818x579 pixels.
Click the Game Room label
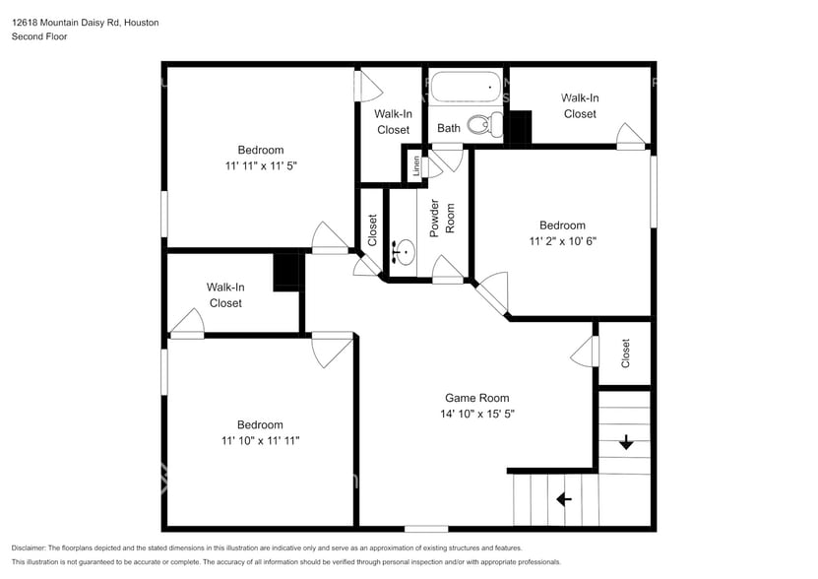pyautogui.click(x=481, y=398)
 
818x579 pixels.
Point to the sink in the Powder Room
pyautogui.click(x=402, y=253)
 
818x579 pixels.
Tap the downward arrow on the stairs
pyautogui.click(x=625, y=443)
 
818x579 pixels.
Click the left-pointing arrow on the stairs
pyautogui.click(x=564, y=499)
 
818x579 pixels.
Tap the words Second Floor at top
pyautogui.click(x=38, y=36)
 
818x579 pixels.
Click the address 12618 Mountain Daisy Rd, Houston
pyautogui.click(x=85, y=22)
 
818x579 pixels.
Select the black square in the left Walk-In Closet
pyautogui.click(x=286, y=272)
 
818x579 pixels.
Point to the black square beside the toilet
pyautogui.click(x=519, y=127)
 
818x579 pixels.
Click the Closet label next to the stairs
pyautogui.click(x=625, y=354)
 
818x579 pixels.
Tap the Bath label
pyautogui.click(x=449, y=128)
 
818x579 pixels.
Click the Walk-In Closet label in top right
pyautogui.click(x=580, y=105)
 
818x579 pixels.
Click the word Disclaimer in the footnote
pyautogui.click(x=31, y=548)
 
